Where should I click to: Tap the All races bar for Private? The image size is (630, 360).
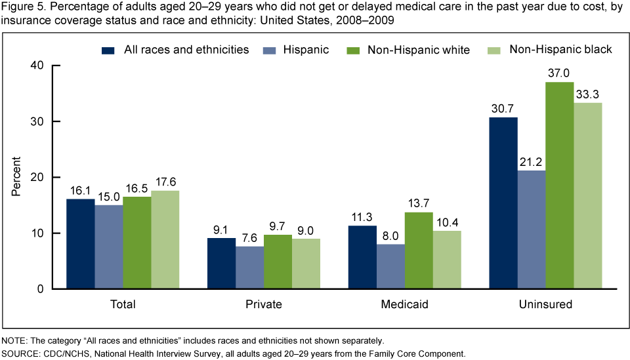pos(221,263)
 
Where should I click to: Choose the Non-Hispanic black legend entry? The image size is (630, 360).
pos(553,50)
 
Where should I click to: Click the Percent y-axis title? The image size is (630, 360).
pos(16,177)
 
